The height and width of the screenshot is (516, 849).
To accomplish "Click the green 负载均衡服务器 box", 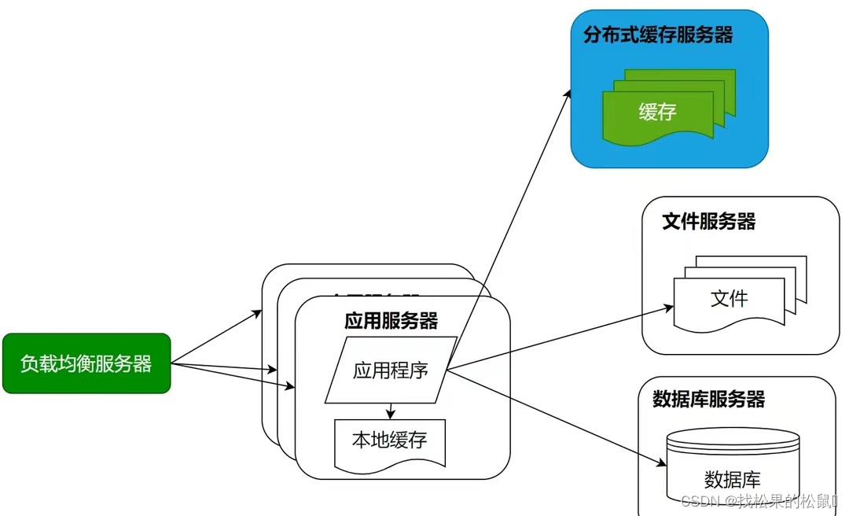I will tap(86, 363).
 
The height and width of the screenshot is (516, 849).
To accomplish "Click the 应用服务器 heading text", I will tap(391, 321).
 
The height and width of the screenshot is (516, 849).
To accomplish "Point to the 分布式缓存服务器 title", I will tap(658, 35).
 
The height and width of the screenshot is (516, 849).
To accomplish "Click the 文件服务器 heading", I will tap(708, 222).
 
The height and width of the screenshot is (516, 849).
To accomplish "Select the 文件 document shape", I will tap(729, 300).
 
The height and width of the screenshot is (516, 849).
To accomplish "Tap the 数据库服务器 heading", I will tap(708, 399).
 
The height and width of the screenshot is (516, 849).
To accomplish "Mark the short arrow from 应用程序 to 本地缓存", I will tap(390, 411).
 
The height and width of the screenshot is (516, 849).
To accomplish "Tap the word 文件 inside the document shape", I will tap(729, 299).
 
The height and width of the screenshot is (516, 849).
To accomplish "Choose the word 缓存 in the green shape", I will tap(657, 112).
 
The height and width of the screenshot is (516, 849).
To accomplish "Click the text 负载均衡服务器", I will tap(86, 363).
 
